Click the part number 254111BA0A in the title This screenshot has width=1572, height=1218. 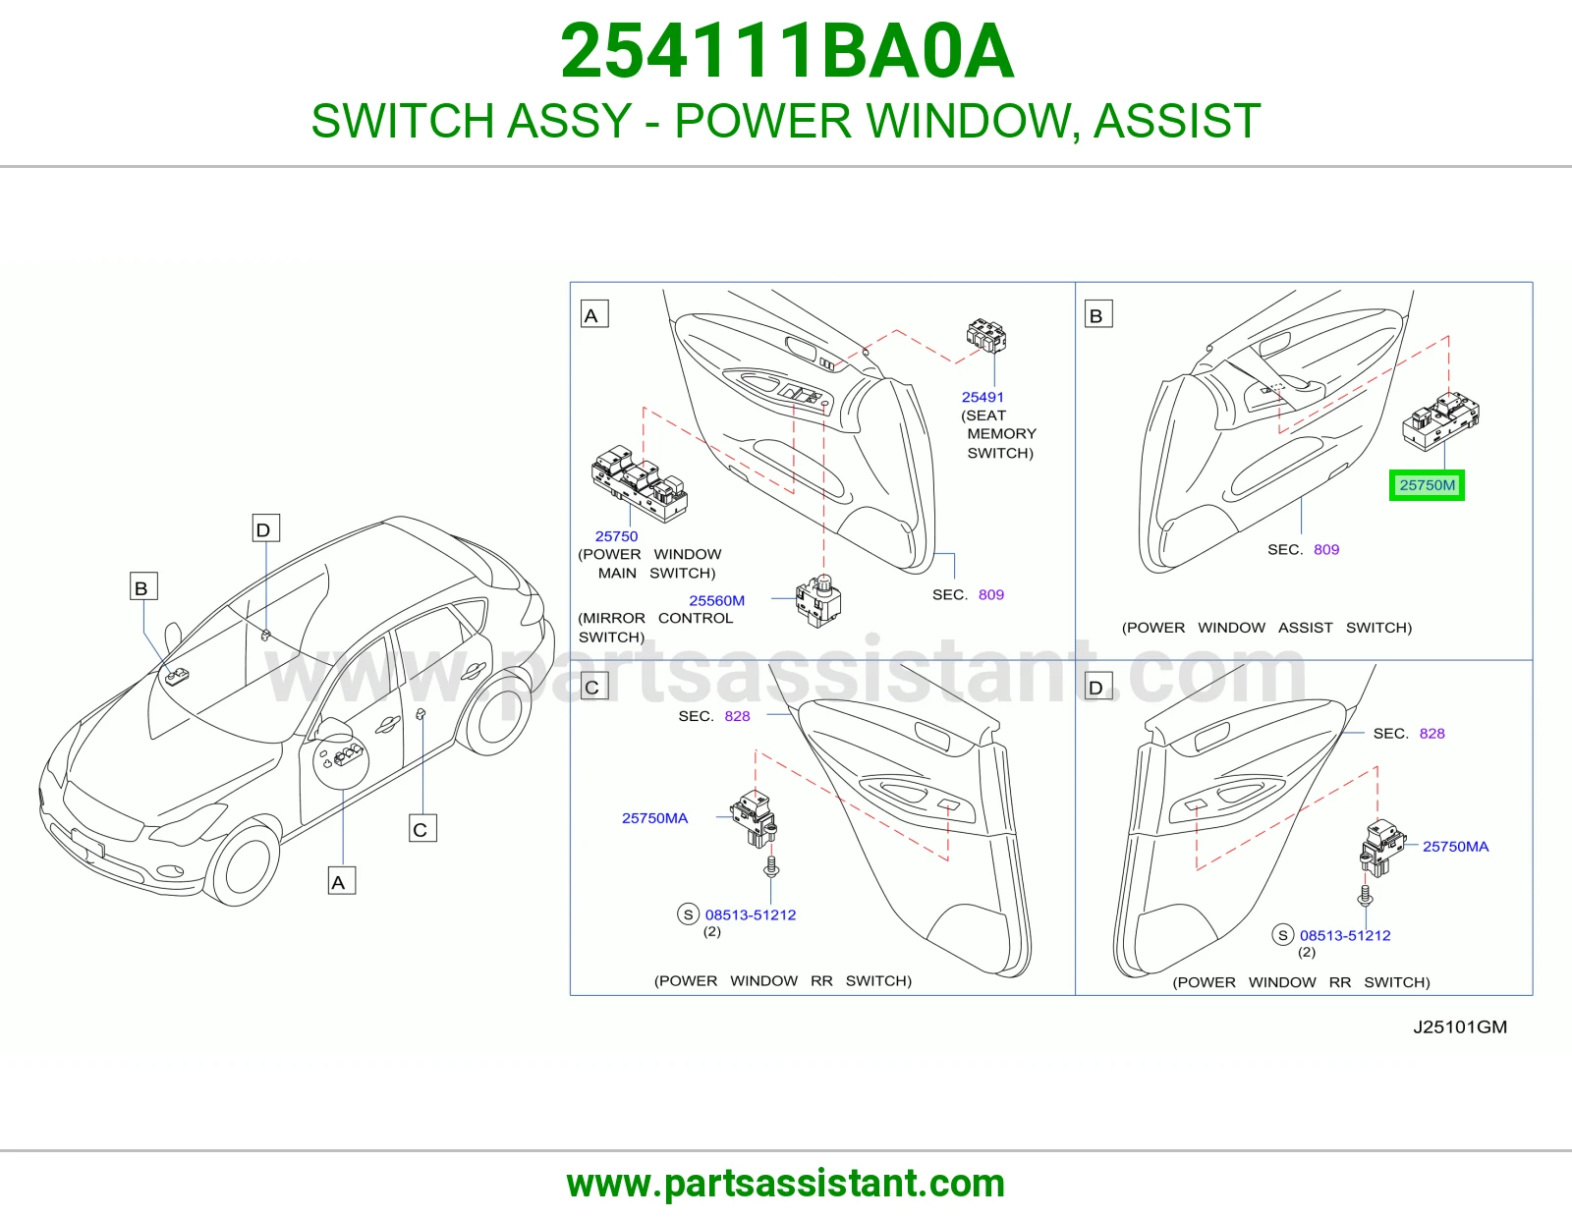click(x=787, y=51)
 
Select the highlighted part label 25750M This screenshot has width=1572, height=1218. click(x=1427, y=485)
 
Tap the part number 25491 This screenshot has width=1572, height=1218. click(x=982, y=397)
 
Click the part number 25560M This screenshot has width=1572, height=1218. click(x=716, y=600)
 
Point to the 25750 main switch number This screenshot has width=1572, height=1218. click(x=616, y=536)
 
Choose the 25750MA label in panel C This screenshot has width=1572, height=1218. click(x=654, y=818)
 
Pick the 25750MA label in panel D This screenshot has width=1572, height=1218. click(x=1455, y=847)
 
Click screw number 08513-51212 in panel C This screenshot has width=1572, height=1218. click(x=751, y=914)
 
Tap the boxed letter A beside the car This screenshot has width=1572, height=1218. click(x=342, y=882)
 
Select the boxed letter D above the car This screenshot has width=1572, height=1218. click(x=265, y=528)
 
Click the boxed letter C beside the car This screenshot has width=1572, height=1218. click(x=422, y=829)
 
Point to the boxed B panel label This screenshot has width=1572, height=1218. click(x=1098, y=314)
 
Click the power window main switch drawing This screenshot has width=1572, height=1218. click(x=640, y=483)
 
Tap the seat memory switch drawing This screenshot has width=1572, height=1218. click(x=986, y=336)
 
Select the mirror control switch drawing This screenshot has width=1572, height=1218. click(x=818, y=601)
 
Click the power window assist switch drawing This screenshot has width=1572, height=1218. click(x=1440, y=421)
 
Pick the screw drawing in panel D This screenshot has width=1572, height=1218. click(x=1366, y=896)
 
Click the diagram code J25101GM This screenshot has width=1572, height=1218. click(x=1460, y=1027)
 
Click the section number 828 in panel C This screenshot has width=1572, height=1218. click(x=737, y=716)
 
